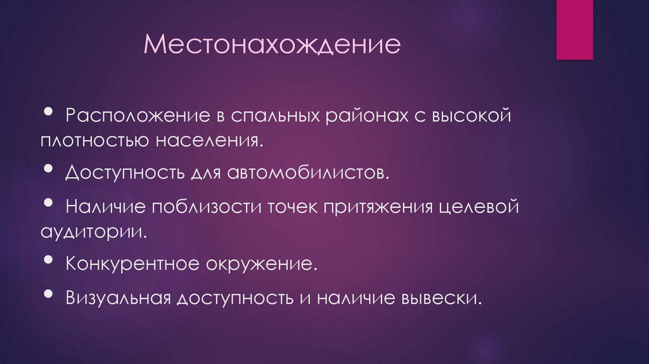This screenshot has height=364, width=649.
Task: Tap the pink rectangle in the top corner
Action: point(574,30)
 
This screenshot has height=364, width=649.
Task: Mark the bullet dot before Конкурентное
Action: point(49,260)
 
